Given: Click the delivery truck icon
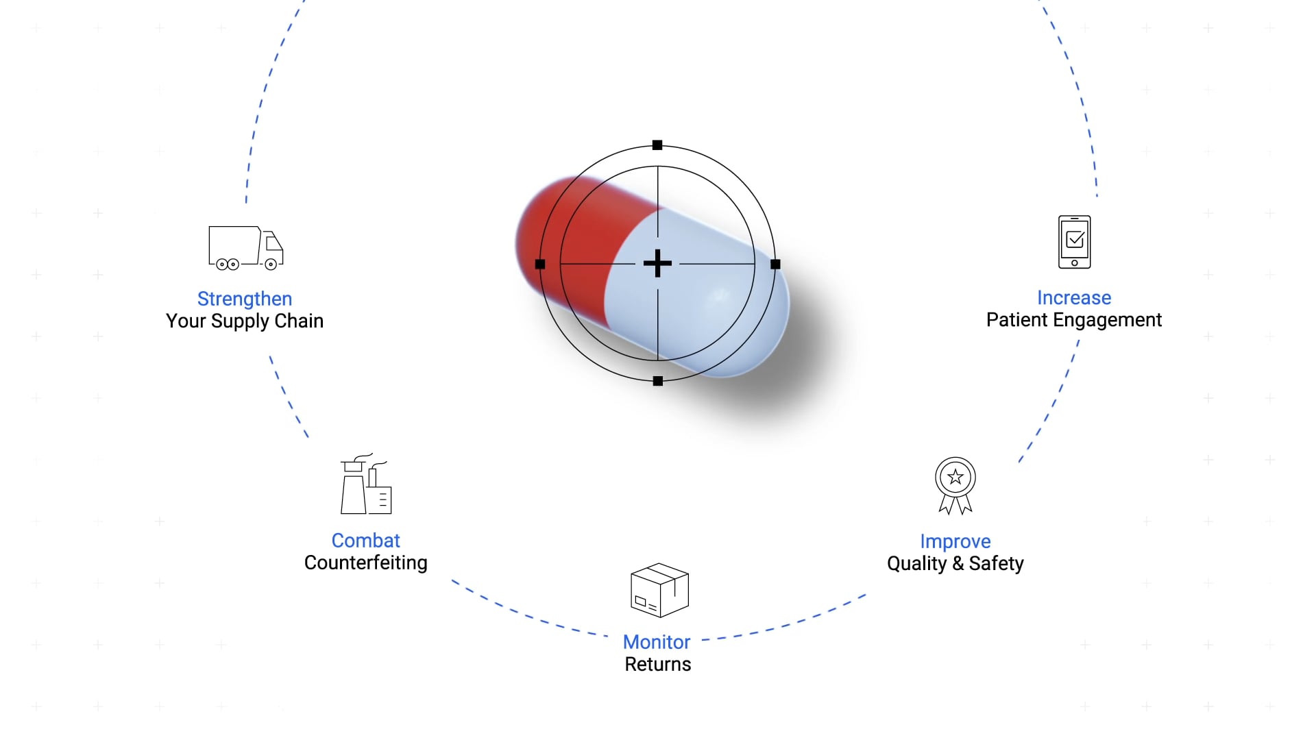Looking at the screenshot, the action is coord(246,247).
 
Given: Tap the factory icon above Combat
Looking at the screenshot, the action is coord(366,483).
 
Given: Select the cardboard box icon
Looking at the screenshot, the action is coord(659,590).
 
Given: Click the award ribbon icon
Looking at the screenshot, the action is coord(955,486).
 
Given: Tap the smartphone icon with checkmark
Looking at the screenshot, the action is coord(1075,242).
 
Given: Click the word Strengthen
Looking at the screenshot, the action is coord(245,299).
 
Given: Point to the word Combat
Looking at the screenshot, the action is coord(366,541).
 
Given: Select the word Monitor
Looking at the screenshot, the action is coord(657,642).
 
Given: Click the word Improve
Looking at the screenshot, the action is coord(955,542).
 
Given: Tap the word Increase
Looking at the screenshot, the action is coord(1074,298).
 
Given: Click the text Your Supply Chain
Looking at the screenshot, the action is coord(245,321).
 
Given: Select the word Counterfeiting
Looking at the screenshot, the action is coord(366,563).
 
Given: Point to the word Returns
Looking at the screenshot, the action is coord(658,665).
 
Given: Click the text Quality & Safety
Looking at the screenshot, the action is coord(955,564).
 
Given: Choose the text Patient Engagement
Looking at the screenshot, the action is coord(1074,320).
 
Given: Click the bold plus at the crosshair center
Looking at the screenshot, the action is coord(658,264).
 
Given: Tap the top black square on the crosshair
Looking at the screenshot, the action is coord(657,145).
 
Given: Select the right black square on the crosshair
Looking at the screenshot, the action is coord(775,264).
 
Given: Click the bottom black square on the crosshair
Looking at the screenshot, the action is coord(658,381).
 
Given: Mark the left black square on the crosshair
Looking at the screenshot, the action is coord(540,264).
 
